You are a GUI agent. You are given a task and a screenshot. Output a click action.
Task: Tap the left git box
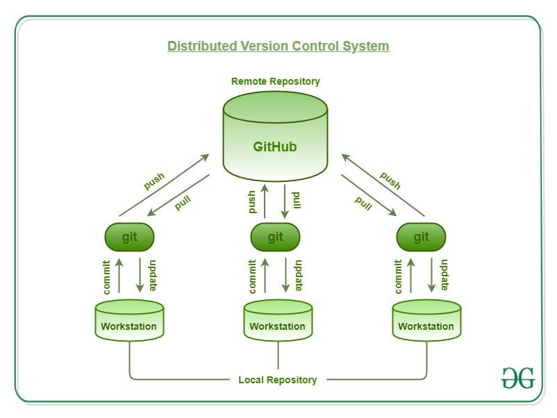tap(129, 237)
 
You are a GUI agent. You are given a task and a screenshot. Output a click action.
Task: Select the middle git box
tap(275, 237)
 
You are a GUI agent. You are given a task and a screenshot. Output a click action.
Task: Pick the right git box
tap(421, 237)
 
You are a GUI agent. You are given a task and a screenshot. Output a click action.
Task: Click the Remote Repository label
tap(275, 81)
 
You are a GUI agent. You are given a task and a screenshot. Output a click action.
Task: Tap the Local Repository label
tap(277, 380)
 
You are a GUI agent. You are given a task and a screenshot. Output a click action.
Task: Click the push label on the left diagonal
tap(154, 181)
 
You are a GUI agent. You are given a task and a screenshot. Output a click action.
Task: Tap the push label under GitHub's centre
tap(252, 201)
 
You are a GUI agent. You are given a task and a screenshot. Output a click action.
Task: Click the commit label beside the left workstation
tap(106, 276)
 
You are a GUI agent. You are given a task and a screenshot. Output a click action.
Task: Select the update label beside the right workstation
tap(444, 276)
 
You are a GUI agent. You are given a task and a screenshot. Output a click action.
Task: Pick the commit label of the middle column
tap(252, 276)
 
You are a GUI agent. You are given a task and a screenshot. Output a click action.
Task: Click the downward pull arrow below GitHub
tap(285, 201)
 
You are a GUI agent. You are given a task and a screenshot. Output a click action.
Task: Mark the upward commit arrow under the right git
tap(411, 276)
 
